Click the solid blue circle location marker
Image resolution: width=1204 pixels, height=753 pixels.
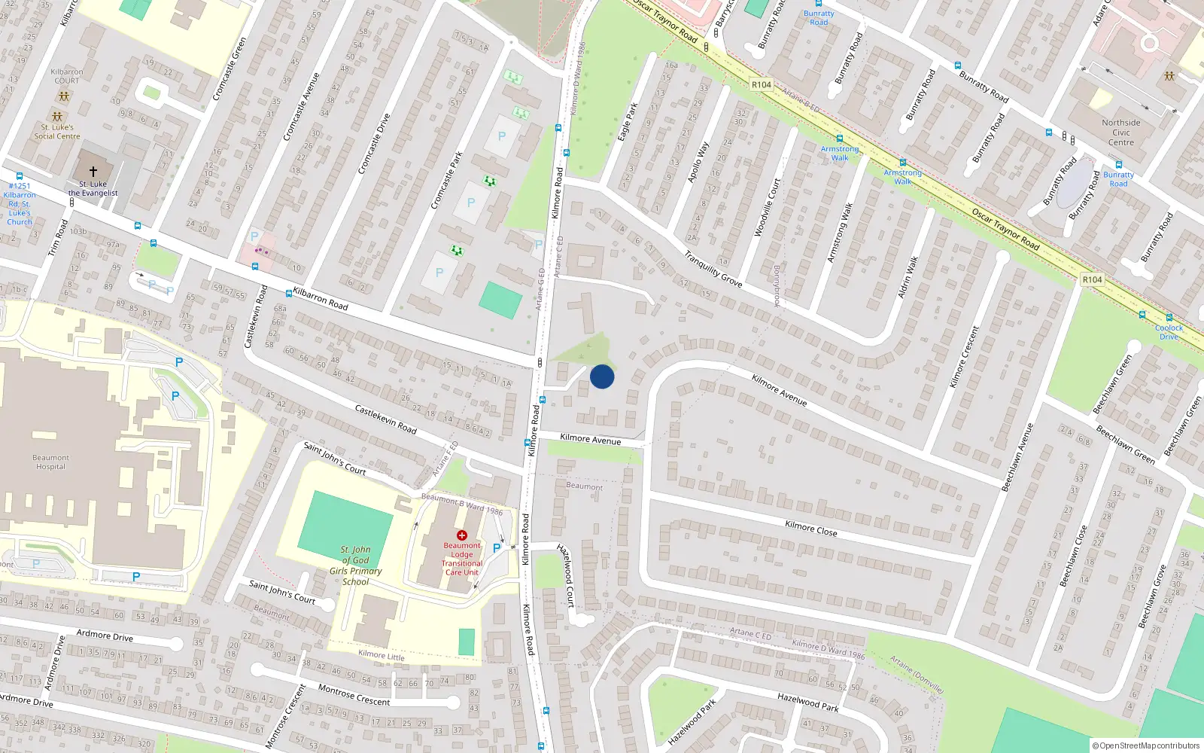coord(602,376)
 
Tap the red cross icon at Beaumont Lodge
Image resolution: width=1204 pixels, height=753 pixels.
coord(462,535)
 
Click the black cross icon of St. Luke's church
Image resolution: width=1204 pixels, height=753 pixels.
coord(93,172)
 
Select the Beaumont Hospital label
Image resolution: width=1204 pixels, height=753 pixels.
coord(50,462)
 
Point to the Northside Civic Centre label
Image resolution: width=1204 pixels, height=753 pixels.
coord(1120,133)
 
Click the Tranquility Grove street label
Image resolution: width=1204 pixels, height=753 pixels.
coord(713,269)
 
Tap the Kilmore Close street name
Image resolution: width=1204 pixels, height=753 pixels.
coord(810,529)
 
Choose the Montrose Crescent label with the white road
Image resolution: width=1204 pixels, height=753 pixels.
coord(354,696)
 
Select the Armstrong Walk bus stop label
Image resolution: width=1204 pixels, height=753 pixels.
coord(840,154)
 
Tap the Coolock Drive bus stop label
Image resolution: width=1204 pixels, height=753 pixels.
coord(1169,332)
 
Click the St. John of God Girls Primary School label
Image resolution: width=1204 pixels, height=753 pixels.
coord(355,566)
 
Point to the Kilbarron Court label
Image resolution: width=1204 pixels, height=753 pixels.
coord(66,76)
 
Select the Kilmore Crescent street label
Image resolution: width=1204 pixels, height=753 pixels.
coord(965,357)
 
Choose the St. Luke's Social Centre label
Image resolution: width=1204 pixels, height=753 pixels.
coord(57,132)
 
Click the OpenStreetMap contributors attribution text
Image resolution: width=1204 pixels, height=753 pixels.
coord(1146,745)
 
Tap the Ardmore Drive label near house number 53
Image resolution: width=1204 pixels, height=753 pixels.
coord(105,636)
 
